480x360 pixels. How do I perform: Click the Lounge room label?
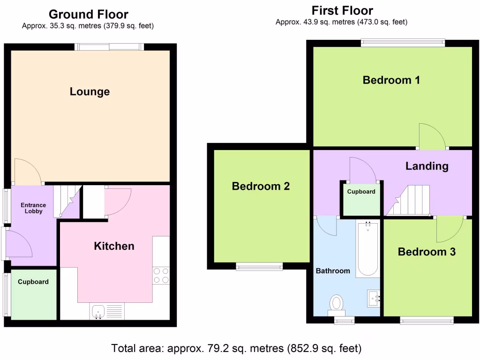[90, 91]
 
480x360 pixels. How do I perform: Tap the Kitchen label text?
[114, 246]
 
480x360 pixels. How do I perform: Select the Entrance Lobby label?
[33, 208]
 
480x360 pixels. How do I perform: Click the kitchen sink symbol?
[98, 311]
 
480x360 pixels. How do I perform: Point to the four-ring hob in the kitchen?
[161, 275]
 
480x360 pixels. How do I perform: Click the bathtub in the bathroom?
[368, 249]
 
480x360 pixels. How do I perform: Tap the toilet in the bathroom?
[336, 303]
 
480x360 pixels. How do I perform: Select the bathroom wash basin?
[374, 298]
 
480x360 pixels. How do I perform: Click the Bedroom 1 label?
[391, 80]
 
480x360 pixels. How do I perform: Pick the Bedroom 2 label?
[261, 187]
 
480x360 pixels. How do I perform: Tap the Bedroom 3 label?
[427, 252]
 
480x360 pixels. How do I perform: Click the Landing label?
[427, 166]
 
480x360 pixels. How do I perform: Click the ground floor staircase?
[65, 201]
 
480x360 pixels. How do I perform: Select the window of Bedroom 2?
[259, 267]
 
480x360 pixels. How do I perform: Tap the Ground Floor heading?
[88, 15]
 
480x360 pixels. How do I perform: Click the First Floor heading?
[342, 11]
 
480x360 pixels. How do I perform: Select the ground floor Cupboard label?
[33, 282]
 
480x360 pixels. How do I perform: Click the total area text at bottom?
[236, 349]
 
